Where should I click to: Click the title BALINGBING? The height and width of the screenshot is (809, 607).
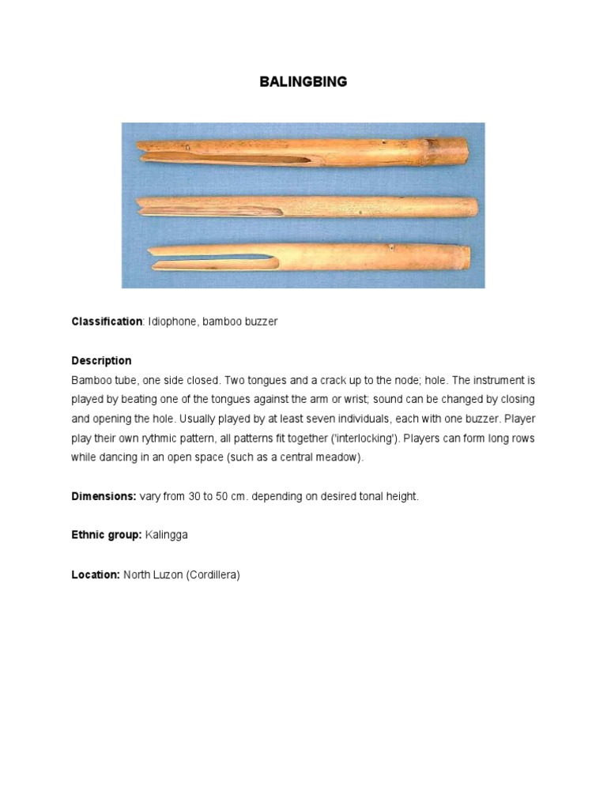pyautogui.click(x=303, y=82)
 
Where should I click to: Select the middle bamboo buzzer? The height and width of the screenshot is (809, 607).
pyautogui.click(x=308, y=207)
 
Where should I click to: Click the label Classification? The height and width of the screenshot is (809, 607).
pyautogui.click(x=107, y=322)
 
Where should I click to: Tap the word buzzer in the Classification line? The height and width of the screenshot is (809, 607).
pyautogui.click(x=261, y=322)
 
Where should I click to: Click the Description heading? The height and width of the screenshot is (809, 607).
pyautogui.click(x=101, y=360)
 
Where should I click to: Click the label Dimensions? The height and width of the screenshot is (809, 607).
pyautogui.click(x=104, y=496)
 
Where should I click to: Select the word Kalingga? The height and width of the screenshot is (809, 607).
pyautogui.click(x=167, y=535)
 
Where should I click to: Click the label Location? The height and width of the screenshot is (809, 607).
pyautogui.click(x=95, y=574)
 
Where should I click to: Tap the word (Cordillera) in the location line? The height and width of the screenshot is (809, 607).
pyautogui.click(x=213, y=574)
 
